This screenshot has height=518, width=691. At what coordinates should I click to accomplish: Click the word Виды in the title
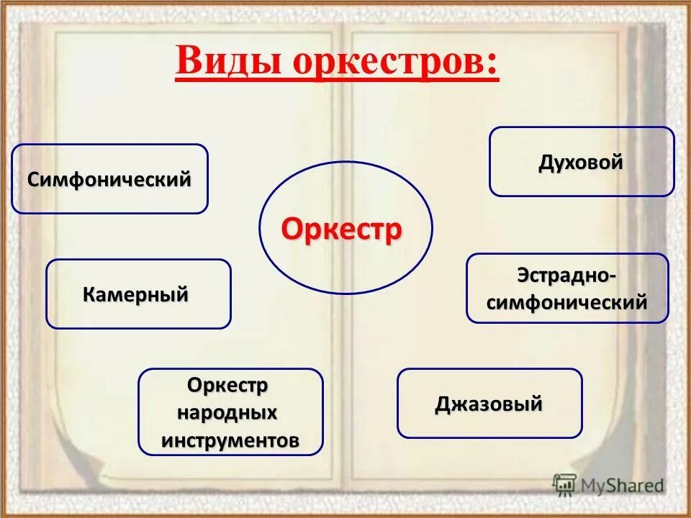pyautogui.click(x=230, y=62)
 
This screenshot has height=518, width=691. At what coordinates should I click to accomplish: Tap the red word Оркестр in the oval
pyautogui.click(x=342, y=230)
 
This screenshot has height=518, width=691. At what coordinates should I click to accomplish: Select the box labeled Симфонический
pyautogui.click(x=109, y=179)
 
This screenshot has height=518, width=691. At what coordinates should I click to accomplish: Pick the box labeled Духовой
pyautogui.click(x=582, y=162)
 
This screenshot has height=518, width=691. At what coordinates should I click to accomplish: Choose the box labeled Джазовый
pyautogui.click(x=489, y=404)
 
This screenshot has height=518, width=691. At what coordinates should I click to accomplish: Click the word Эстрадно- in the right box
pyautogui.click(x=567, y=276)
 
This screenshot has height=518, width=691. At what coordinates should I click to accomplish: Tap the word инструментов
pyautogui.click(x=230, y=440)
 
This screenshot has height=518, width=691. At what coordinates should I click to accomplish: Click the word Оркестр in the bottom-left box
pyautogui.click(x=228, y=386)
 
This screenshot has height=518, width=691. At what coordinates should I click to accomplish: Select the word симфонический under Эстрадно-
pyautogui.click(x=567, y=302)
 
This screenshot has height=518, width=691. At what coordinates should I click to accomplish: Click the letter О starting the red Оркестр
pyautogui.click(x=292, y=230)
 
